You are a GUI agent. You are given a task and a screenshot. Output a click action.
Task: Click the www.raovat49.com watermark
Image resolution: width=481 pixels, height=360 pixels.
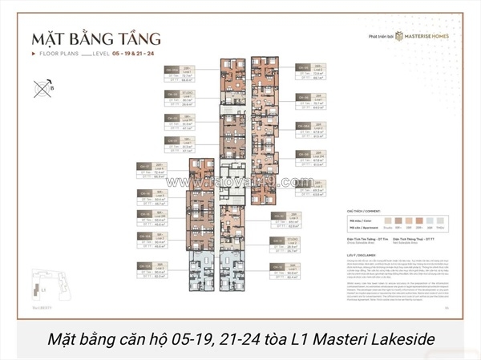(x=240, y=182)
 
